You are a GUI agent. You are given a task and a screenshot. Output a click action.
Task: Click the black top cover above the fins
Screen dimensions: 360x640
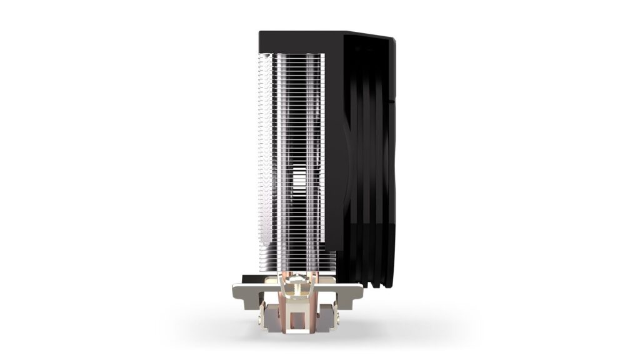coord(300,41)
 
